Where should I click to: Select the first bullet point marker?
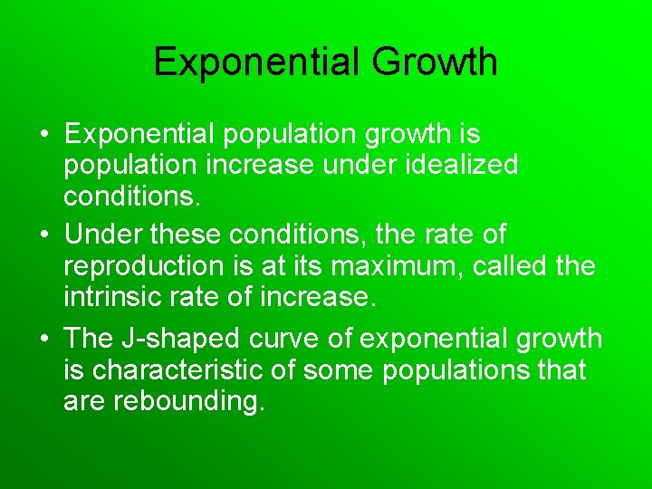43,135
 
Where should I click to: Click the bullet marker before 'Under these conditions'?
43,235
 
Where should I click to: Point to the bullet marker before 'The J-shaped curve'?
43,339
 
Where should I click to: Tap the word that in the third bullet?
561,369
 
